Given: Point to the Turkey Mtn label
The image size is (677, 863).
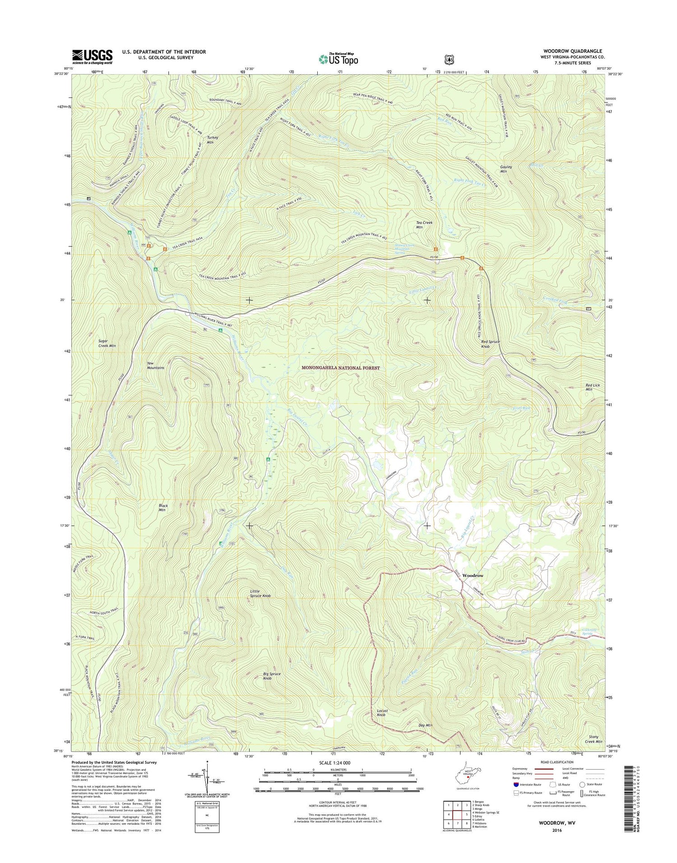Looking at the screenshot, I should coord(213,139).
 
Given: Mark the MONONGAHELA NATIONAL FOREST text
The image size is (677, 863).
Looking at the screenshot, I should coord(340,368).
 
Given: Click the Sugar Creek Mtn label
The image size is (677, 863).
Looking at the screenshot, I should coord(107,343).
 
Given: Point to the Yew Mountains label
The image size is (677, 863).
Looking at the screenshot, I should coord(155,365).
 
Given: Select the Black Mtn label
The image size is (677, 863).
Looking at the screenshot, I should coord(162,508).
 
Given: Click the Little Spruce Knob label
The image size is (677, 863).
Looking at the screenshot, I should coord(260,593).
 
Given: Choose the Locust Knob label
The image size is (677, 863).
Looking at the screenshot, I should coord(382,725).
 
